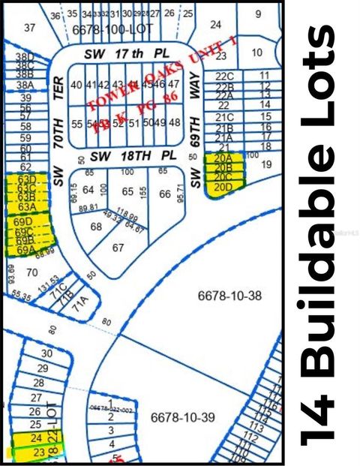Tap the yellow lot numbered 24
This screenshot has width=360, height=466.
34,437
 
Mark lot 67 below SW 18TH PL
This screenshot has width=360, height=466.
118,248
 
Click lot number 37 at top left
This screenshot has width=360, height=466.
30,28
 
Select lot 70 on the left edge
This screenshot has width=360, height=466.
31,272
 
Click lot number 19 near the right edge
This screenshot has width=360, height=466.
264,163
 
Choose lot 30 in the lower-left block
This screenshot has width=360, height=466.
46,353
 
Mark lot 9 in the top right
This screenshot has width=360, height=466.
259,14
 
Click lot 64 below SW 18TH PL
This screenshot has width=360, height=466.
88,191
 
